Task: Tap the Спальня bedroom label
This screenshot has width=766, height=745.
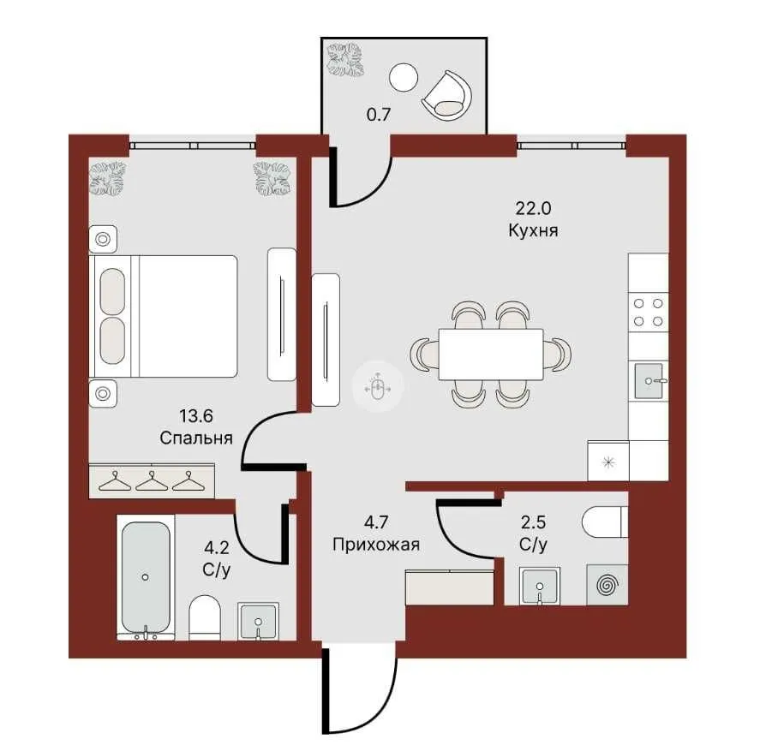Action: tap(196, 438)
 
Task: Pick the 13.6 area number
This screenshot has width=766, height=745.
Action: tap(196, 416)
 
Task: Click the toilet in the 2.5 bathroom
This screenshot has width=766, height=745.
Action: tap(605, 521)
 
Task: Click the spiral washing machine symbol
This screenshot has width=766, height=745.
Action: tap(607, 586)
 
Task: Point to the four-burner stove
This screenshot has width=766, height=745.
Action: tap(648, 311)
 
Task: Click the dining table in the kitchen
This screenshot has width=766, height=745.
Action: tap(490, 353)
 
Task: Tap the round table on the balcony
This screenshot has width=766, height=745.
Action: tap(402, 79)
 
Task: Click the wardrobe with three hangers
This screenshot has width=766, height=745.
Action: tap(153, 481)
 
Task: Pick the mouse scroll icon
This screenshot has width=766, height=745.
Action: tap(374, 387)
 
